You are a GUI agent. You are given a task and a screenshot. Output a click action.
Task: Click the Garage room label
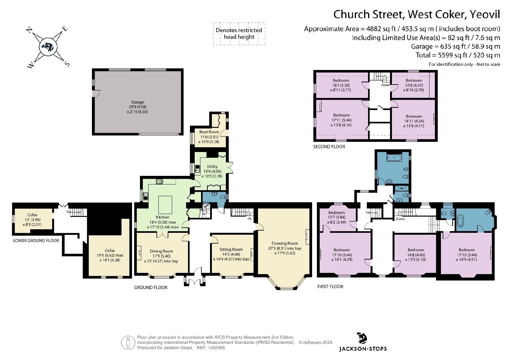(x=138, y=102)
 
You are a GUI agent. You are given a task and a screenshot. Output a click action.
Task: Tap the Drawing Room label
(x=285, y=243)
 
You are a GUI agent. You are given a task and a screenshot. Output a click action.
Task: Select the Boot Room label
(x=209, y=132)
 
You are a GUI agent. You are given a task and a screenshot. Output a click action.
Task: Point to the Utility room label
(x=212, y=167)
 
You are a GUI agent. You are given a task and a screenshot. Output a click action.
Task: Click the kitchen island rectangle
(x=165, y=205)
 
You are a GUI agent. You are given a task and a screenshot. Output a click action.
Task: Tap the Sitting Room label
(x=231, y=249)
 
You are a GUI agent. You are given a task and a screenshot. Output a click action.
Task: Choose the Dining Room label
(x=161, y=251)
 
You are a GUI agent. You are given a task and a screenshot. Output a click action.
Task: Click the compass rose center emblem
(x=48, y=47)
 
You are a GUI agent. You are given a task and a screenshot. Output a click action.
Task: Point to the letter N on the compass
(x=29, y=31)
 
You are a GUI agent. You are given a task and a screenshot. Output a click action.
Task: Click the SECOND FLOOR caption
(x=329, y=147)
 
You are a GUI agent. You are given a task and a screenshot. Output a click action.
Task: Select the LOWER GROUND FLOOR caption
(x=36, y=240)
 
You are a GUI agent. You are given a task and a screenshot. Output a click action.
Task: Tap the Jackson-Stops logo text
(x=363, y=349)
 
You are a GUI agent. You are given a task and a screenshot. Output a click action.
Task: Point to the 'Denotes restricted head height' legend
(x=239, y=34)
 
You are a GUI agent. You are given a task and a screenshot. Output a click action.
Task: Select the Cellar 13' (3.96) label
(x=32, y=220)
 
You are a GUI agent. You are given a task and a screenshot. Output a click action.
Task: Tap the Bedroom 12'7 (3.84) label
(x=337, y=217)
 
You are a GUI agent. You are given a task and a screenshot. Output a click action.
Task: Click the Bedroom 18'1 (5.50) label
(x=341, y=85)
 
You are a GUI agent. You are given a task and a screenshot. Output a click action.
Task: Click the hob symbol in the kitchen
(x=159, y=181)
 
